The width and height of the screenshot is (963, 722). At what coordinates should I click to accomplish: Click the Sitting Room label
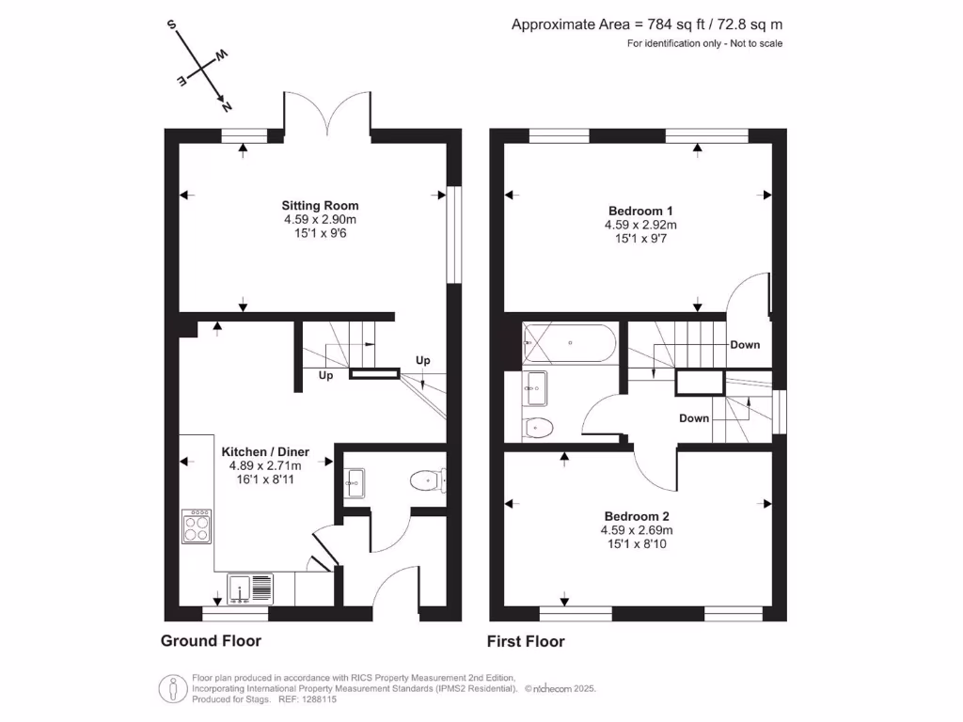320,205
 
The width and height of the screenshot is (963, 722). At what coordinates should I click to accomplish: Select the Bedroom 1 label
640,211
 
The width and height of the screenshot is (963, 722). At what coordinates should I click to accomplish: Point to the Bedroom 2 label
637,516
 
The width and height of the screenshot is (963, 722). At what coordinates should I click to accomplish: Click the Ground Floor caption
211,641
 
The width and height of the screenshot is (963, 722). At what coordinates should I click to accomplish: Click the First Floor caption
526,641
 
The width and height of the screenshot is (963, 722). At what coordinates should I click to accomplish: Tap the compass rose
200,66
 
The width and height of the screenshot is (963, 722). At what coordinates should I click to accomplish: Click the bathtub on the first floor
570,343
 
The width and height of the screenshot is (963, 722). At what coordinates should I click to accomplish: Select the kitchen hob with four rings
197,526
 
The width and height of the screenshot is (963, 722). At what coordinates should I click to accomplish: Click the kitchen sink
249,589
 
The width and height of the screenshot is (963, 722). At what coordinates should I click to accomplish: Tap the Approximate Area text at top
646,25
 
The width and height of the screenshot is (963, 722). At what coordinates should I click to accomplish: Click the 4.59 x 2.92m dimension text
640,226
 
